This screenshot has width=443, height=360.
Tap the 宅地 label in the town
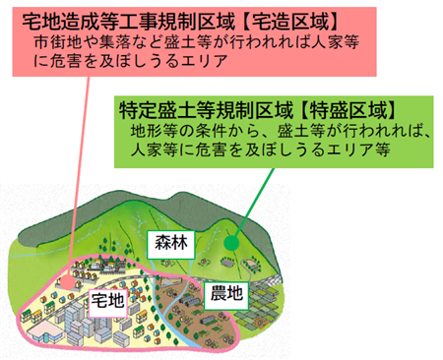pyautogui.click(x=106, y=300)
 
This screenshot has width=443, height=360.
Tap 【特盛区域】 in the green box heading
pyautogui.click(x=352, y=109)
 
